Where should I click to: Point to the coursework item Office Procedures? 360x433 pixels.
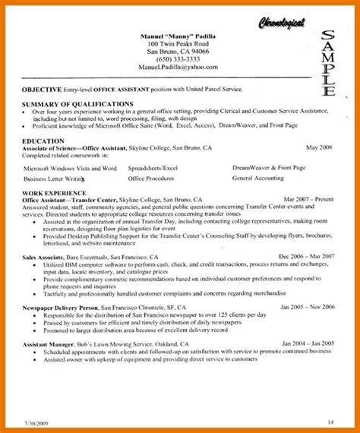click(x=152, y=179)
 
